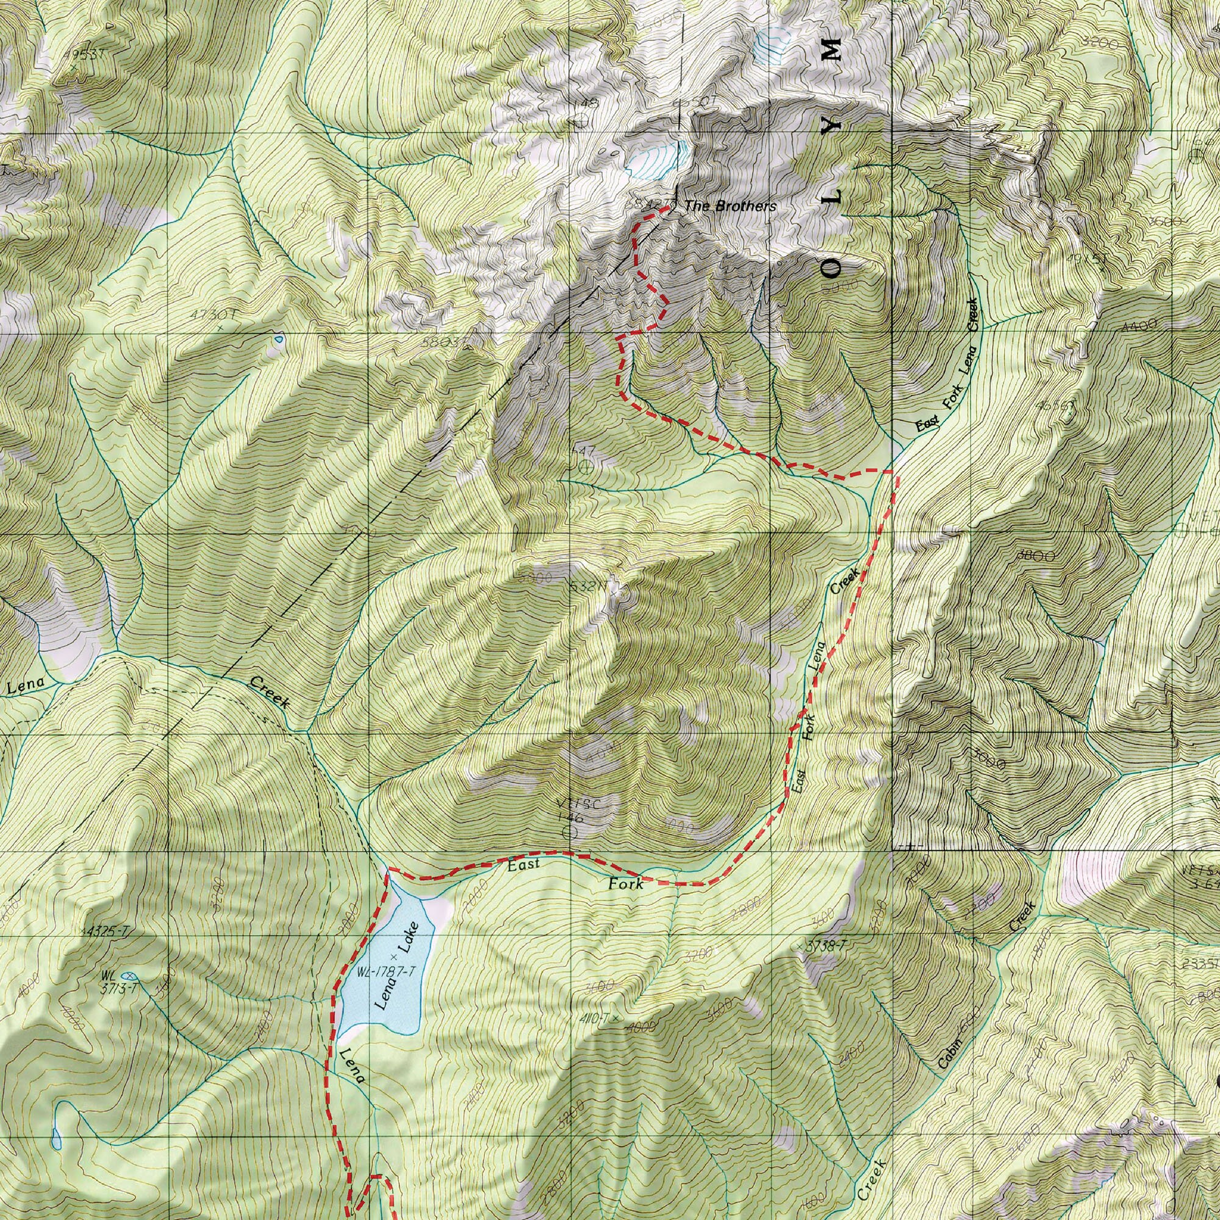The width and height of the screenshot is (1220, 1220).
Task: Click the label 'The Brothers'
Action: pyautogui.click(x=730, y=206)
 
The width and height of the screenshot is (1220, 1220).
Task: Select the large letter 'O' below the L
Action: pyautogui.click(x=832, y=268)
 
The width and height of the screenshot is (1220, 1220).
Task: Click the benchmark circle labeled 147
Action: pyautogui.click(x=586, y=467)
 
